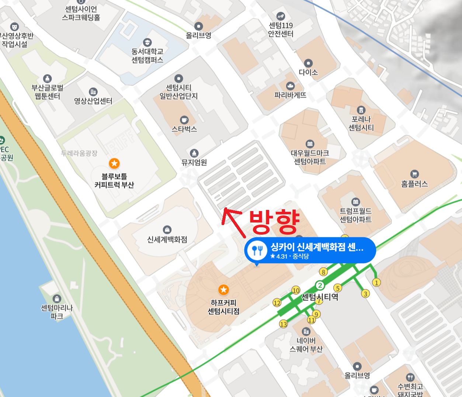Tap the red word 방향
point(274,222)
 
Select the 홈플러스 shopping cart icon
point(414,174)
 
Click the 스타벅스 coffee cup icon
point(184,120)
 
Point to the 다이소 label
point(308,72)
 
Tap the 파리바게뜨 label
point(290,95)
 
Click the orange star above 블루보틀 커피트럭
point(114,163)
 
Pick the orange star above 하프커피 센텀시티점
point(223,290)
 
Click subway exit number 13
point(283,324)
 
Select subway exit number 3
point(365,294)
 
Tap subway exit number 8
point(323,272)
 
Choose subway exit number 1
point(376,283)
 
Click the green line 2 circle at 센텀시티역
point(320,285)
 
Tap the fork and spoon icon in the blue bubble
point(257,251)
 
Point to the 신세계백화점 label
point(167,239)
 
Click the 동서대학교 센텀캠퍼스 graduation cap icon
point(147,42)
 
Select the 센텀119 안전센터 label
point(281,30)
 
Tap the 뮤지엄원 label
point(194,162)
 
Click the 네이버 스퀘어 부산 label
point(306,345)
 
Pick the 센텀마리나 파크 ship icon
point(57,298)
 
